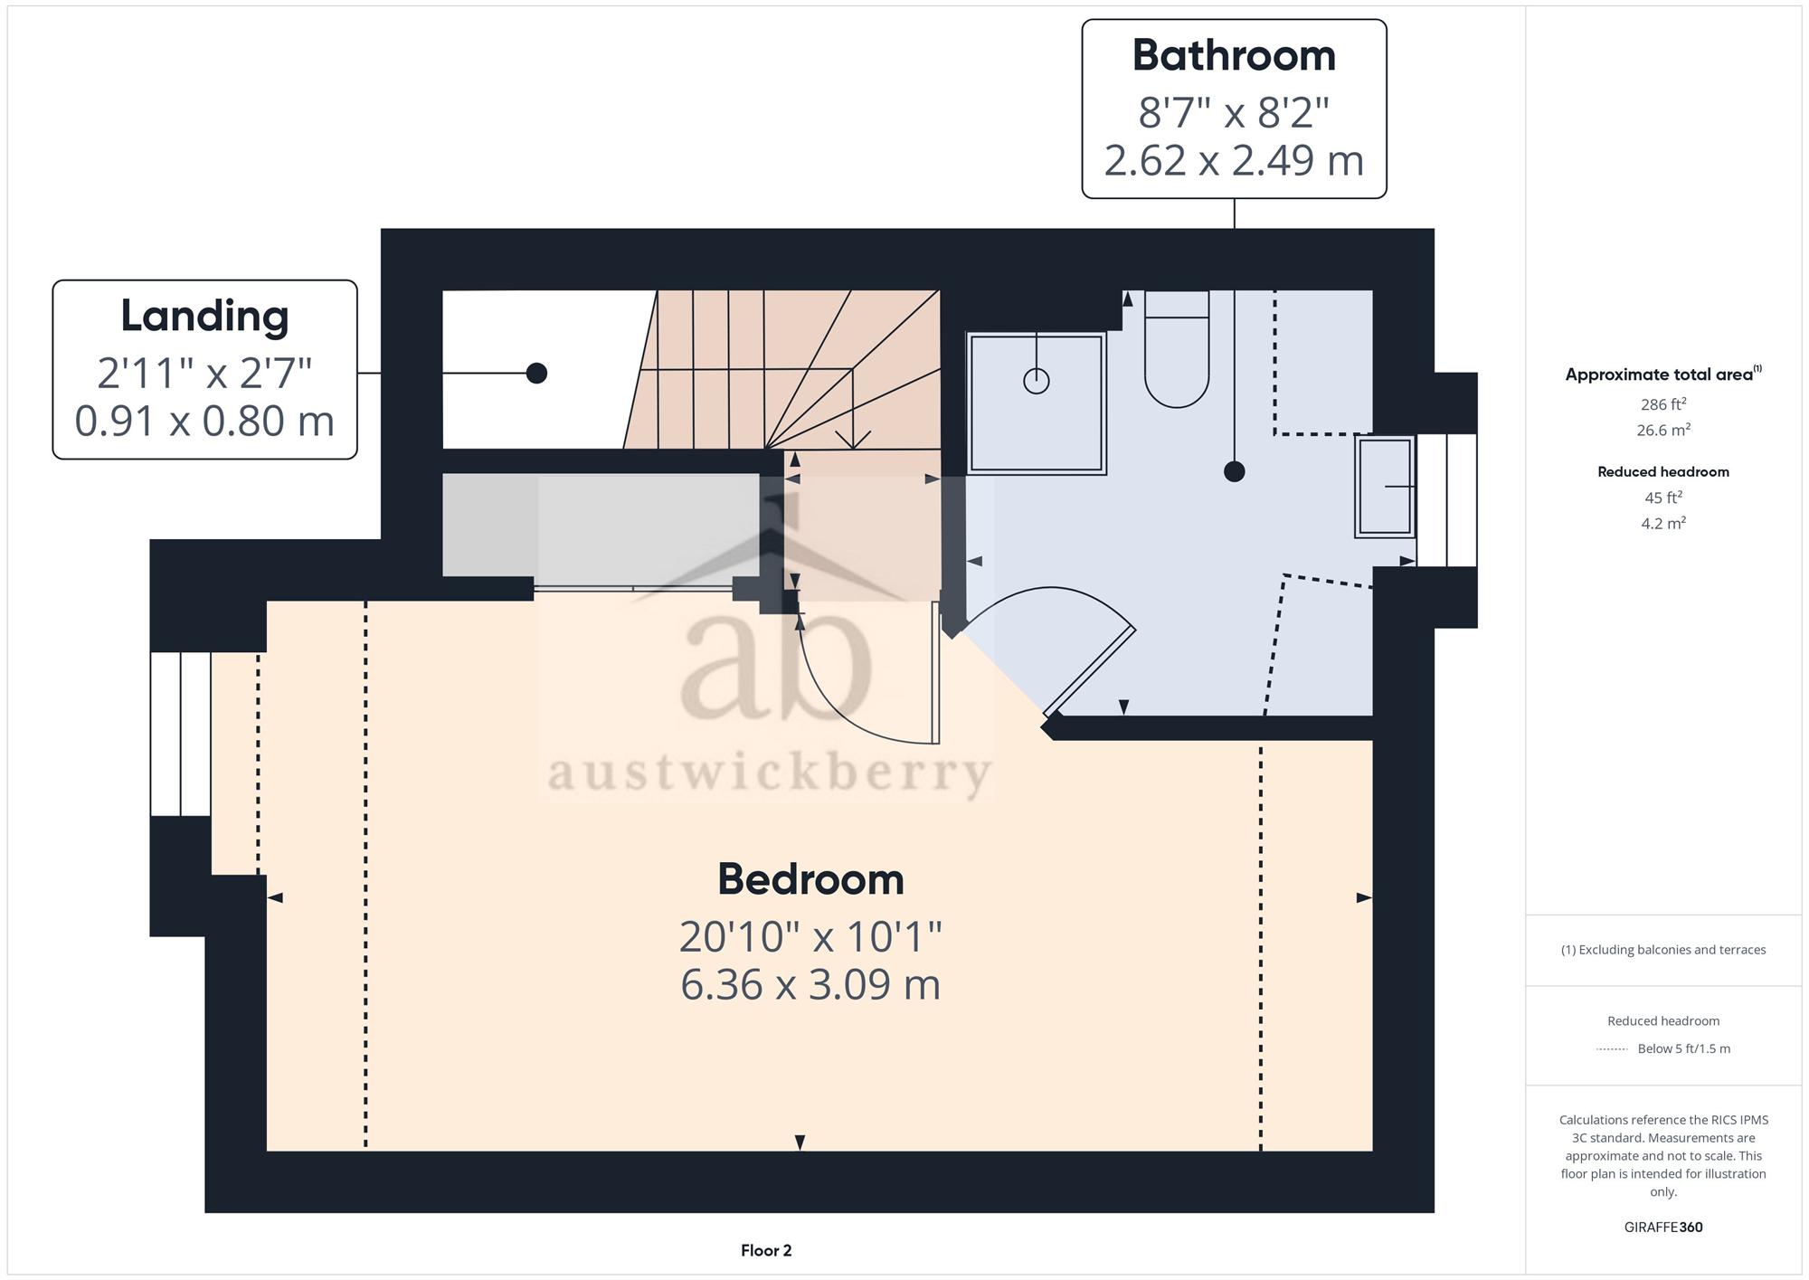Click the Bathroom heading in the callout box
pos(1234,55)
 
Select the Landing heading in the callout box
pos(204,317)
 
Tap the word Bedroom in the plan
pos(810,879)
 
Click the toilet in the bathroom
pos(1177,349)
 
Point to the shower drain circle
pos(1037,381)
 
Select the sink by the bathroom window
pos(1385,487)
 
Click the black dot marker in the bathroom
pos(1234,471)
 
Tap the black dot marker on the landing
pos(536,373)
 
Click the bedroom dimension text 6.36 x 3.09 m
pos(810,984)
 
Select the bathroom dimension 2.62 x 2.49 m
pos(1234,160)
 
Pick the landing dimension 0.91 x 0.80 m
pos(204,421)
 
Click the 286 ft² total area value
pos(1663,404)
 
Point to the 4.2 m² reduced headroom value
pos(1663,523)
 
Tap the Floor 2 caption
pos(766,1250)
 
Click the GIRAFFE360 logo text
pos(1663,1227)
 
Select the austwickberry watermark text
pos(770,774)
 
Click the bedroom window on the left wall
pos(181,734)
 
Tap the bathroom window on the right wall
pos(1447,500)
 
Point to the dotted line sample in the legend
pos(1613,1049)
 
